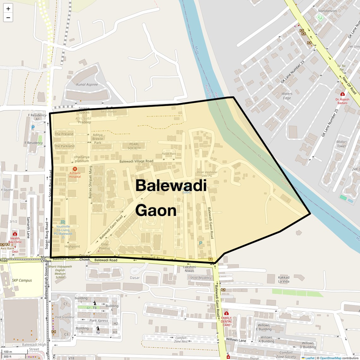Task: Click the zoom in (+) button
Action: tap(8, 9)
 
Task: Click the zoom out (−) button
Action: tap(8, 18)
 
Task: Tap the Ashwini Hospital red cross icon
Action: tap(75, 169)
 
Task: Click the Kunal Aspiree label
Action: tap(87, 85)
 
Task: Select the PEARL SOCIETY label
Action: tap(134, 146)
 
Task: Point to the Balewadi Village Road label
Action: tap(136, 161)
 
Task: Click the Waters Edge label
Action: tap(287, 96)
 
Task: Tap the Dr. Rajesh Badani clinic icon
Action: tap(342, 94)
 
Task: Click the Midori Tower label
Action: tap(341, 144)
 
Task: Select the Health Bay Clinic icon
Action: tap(15, 234)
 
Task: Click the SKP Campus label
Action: tap(22, 280)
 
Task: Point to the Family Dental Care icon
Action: tap(226, 313)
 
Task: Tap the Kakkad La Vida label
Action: tap(284, 279)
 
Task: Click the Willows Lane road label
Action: tap(236, 340)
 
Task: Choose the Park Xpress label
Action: tap(99, 321)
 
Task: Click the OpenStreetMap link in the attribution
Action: tap(331, 358)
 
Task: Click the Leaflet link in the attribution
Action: tap(310, 358)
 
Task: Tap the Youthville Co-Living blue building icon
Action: tap(63, 222)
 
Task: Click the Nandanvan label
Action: tap(327, 11)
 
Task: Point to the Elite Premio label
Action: tap(105, 246)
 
